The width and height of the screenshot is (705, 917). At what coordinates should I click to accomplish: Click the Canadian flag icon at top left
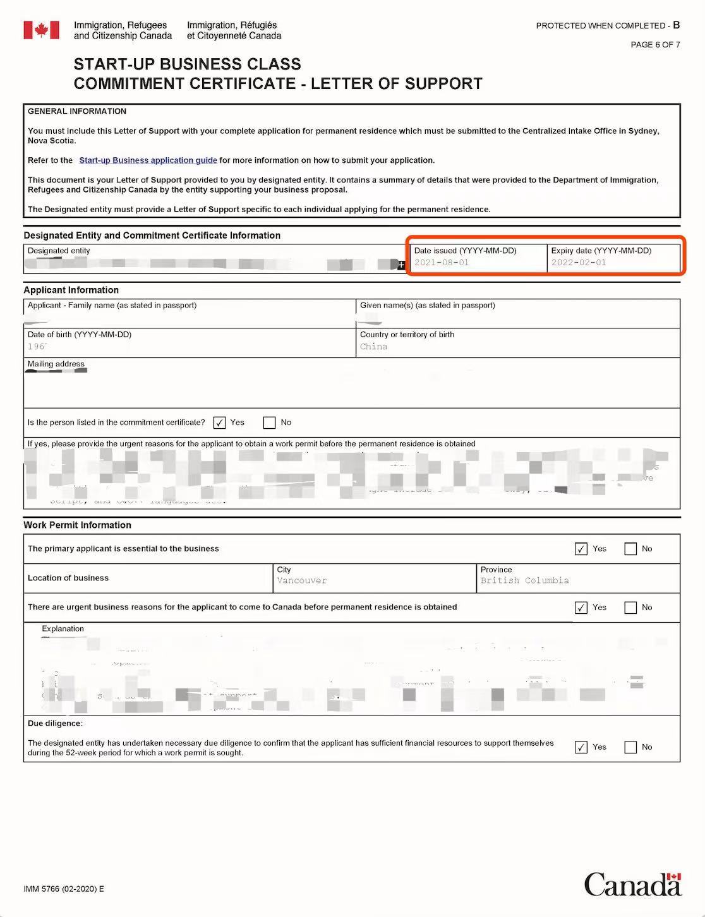pos(41,30)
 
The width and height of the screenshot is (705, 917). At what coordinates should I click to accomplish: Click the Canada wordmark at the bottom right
pos(632,884)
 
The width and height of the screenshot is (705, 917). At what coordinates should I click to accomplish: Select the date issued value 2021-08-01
pos(442,263)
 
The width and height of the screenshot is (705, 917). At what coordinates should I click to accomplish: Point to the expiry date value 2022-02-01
pos(579,263)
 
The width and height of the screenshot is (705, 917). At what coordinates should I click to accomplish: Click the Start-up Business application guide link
pos(148,160)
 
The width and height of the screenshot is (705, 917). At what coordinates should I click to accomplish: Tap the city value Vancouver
pos(302,580)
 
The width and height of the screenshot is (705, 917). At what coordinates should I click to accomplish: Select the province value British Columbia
pos(524,580)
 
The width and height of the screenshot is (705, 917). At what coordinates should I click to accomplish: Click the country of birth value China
pos(373,347)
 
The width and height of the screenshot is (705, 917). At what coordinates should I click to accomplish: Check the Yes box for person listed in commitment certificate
pos(219,423)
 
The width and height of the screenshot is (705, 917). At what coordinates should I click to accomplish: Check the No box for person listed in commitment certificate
pos(270,423)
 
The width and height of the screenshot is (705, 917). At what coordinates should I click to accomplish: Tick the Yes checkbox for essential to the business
pos(581,549)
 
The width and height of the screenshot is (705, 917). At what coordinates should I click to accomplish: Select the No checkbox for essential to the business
pos(630,549)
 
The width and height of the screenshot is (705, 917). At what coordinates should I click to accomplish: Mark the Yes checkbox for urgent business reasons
pos(581,608)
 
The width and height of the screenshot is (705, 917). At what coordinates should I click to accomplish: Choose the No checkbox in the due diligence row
pos(630,747)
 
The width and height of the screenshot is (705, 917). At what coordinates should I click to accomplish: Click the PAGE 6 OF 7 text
pos(655,45)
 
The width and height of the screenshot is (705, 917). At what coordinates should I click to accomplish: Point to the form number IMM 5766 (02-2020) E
pos(64,889)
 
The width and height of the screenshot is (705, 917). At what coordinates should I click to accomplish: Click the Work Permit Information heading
pos(78,525)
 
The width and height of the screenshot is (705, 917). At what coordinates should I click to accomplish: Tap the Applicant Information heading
pos(71,290)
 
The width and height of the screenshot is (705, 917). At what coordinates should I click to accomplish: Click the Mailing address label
pos(56,364)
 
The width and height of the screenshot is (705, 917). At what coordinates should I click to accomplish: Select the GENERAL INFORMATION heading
pos(77,111)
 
